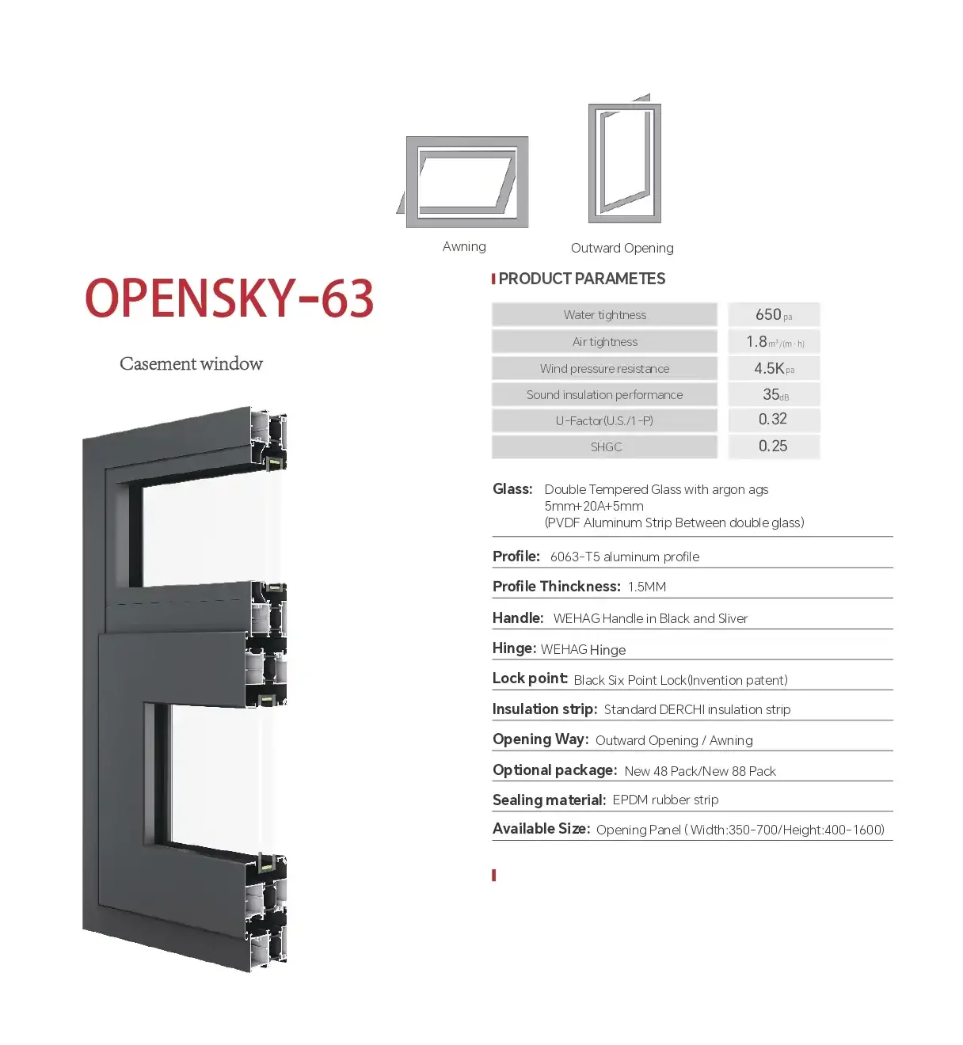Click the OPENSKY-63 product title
230,298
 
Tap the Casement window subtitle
191,363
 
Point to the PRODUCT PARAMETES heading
581,279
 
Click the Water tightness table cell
604,314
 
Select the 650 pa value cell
774,314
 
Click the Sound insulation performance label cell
604,394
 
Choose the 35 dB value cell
774,394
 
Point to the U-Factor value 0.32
774,420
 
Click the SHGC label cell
604,446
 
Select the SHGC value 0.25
774,446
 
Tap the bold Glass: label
512,489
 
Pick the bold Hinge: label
514,648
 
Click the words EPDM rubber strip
665,800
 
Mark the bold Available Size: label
542,829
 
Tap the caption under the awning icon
464,246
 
